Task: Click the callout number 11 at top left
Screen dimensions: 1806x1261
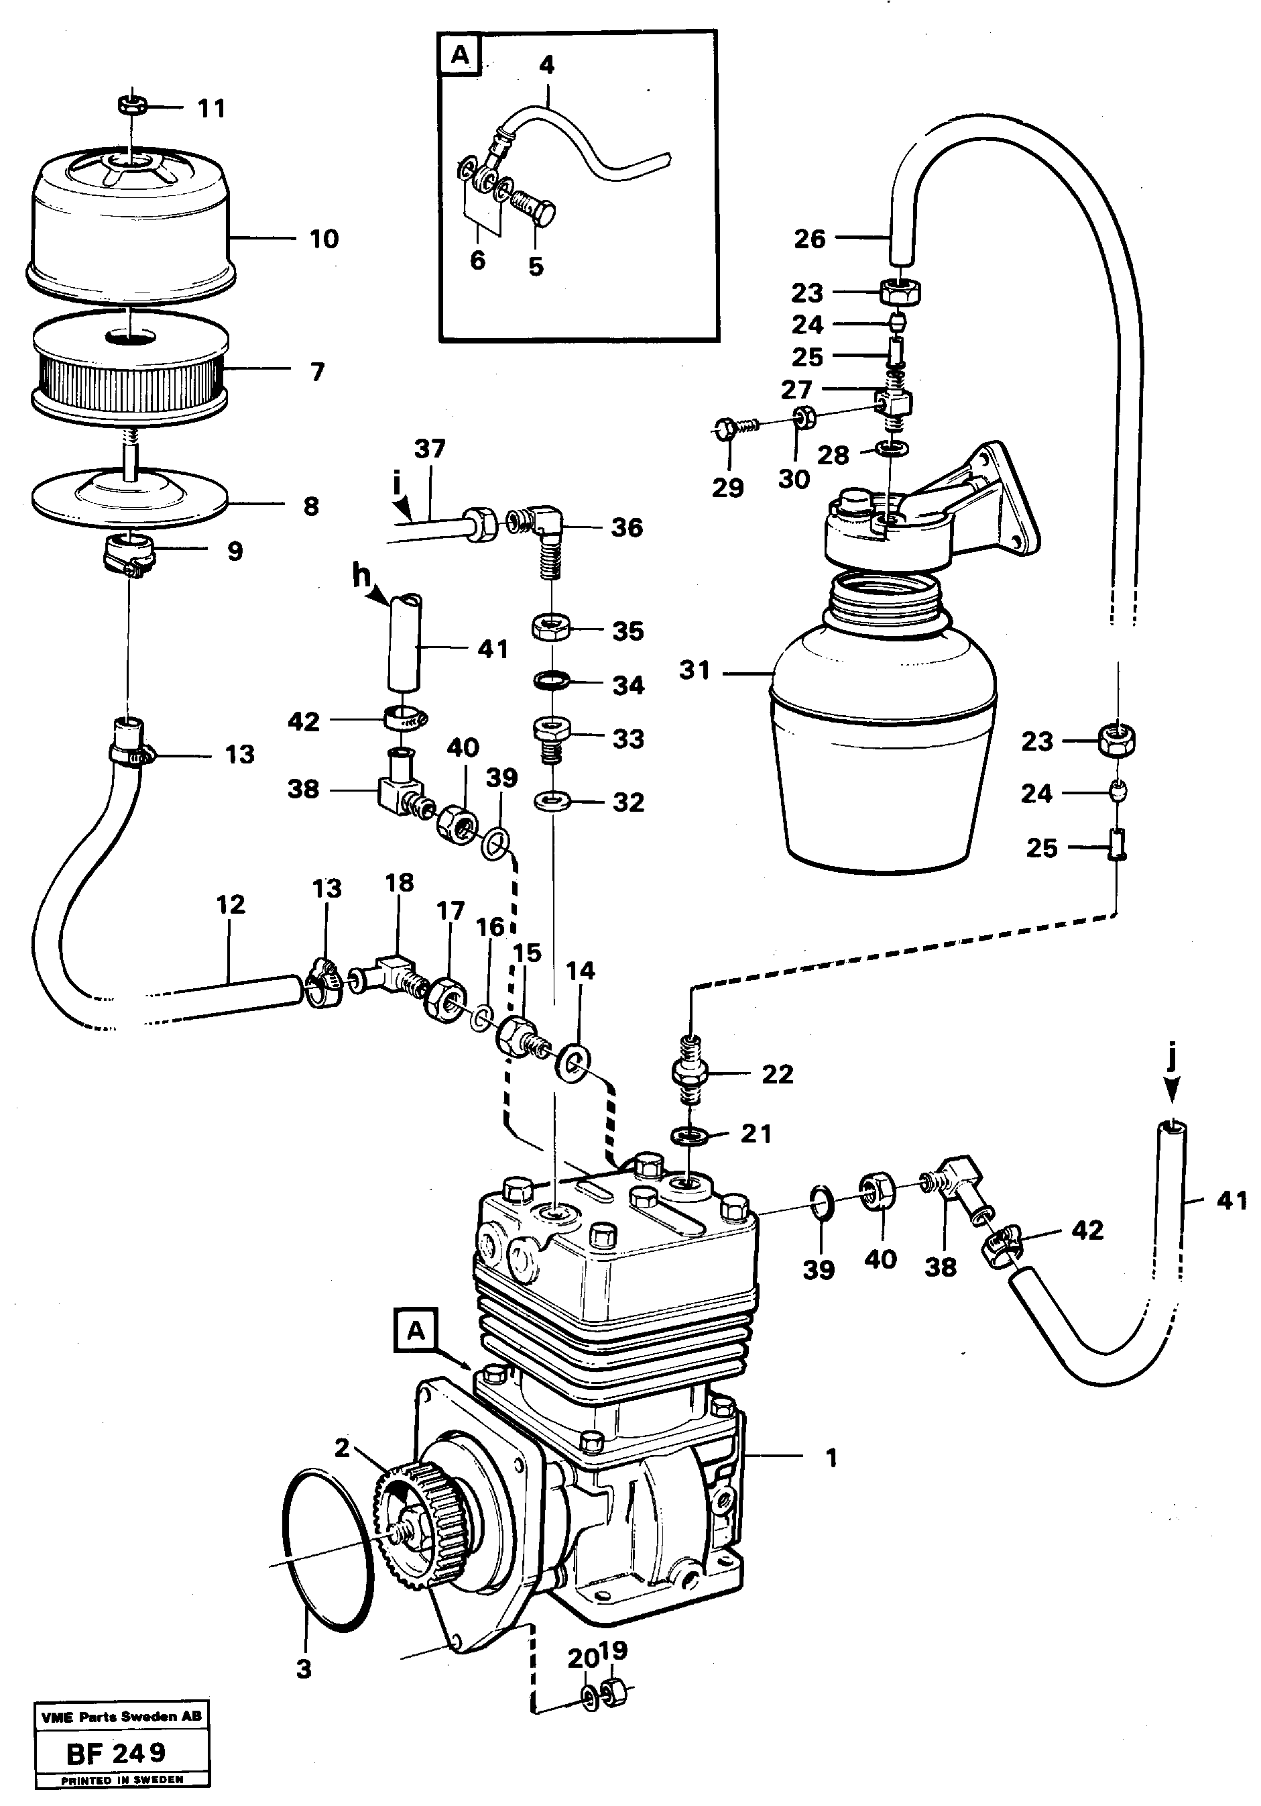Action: click(211, 108)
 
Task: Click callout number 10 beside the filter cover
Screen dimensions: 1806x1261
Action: click(324, 238)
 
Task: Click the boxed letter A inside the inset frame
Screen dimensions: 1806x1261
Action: click(460, 56)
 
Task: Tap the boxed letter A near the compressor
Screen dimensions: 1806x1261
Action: click(415, 1331)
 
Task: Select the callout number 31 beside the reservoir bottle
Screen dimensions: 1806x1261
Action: click(694, 671)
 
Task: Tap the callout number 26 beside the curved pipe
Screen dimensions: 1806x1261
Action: click(810, 238)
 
